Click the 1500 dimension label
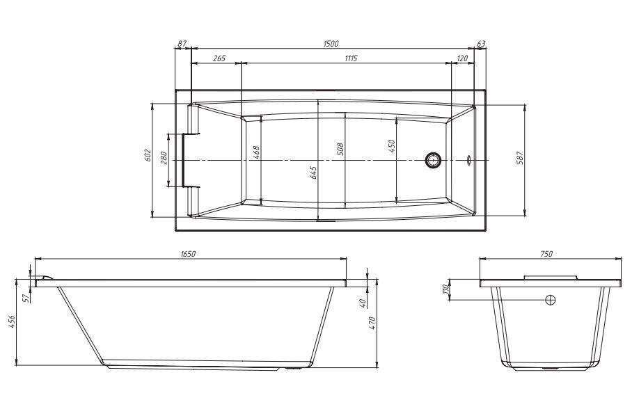(x=331, y=44)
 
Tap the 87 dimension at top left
(x=182, y=44)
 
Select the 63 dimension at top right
(x=481, y=44)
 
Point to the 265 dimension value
(x=219, y=58)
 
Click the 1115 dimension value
(x=351, y=58)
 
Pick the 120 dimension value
(x=463, y=58)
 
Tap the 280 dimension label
(x=163, y=157)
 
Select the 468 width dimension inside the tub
(x=256, y=152)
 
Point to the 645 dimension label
(x=314, y=173)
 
